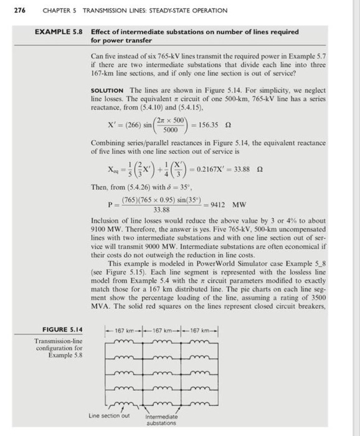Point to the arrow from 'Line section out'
[x=130, y=407]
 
